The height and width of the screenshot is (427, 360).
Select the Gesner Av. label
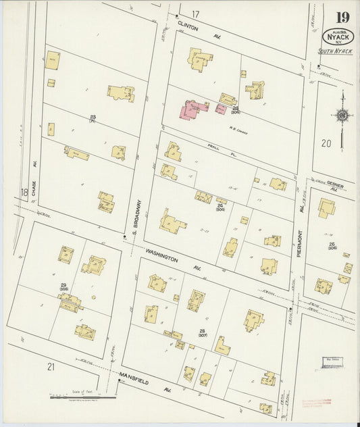(x=335, y=187)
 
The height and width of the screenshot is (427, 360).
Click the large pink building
(x=194, y=110)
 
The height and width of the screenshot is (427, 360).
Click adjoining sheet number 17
(x=195, y=14)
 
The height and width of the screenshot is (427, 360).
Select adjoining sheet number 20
(x=326, y=143)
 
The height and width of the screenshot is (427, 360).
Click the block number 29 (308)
(x=63, y=288)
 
